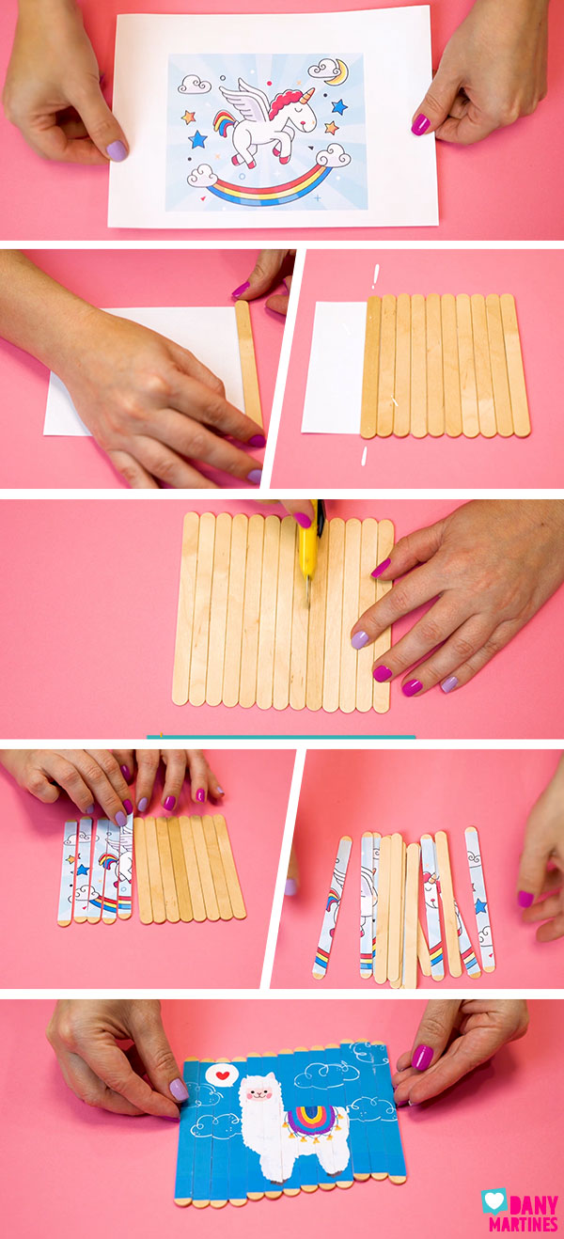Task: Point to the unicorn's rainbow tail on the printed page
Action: click(225, 123)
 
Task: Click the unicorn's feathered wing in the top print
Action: click(243, 100)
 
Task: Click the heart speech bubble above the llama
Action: click(222, 1074)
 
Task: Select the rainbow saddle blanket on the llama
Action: click(309, 1119)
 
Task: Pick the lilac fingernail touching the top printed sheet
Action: click(117, 149)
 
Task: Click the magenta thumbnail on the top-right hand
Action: click(421, 124)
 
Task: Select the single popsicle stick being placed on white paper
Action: click(249, 363)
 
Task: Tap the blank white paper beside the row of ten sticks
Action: click(333, 367)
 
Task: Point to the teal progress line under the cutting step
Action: click(281, 737)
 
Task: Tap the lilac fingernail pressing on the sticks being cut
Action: click(360, 640)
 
